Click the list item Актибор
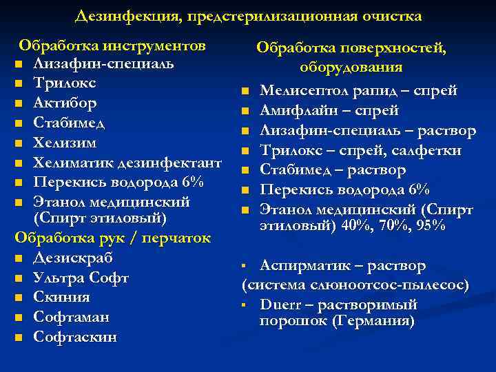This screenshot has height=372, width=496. [65, 103]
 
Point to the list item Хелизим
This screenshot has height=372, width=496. [65, 143]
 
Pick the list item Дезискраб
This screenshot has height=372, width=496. [73, 258]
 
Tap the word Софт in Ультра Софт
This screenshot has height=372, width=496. [109, 278]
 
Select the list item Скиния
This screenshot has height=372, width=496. [62, 298]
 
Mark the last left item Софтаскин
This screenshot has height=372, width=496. [75, 338]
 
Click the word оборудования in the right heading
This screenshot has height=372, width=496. [351, 68]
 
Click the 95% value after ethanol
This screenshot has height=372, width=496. [431, 225]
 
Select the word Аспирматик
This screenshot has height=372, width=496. [302, 265]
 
